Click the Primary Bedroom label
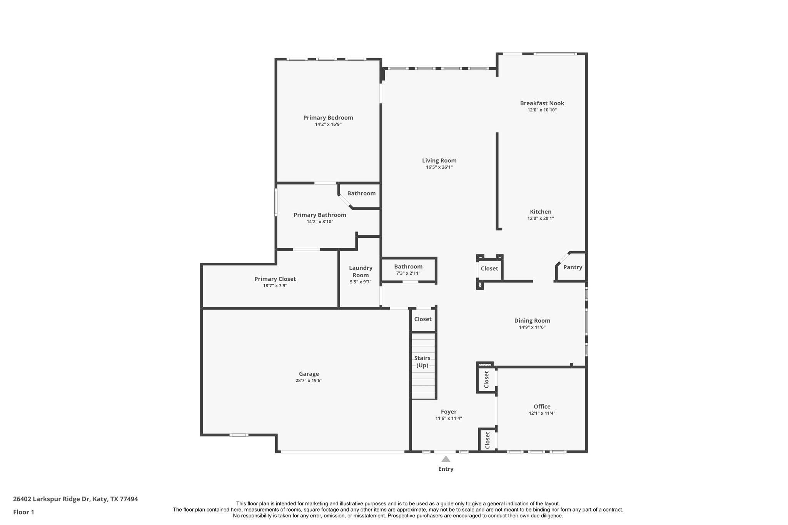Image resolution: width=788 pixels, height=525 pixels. tap(328, 118)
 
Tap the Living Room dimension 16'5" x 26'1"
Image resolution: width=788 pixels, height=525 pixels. tap(439, 167)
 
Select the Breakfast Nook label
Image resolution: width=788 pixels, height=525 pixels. tap(542, 103)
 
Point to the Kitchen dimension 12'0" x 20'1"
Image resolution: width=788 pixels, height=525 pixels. tap(541, 218)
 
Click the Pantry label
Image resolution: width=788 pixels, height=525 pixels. tap(573, 267)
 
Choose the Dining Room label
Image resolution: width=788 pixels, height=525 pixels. tap(532, 321)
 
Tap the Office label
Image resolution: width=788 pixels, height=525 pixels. tap(542, 407)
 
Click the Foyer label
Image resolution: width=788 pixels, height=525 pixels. tap(449, 412)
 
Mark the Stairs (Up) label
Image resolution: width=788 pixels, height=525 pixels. tap(422, 362)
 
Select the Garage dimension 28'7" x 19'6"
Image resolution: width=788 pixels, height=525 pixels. tap(309, 380)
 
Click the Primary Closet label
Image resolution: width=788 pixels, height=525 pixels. tap(275, 279)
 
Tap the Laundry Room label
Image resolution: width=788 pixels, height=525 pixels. tap(361, 271)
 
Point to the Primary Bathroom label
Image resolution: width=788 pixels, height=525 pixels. tap(320, 215)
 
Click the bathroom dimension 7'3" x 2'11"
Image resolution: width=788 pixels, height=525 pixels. tap(408, 273)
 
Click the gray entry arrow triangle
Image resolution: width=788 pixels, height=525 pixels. tap(446, 459)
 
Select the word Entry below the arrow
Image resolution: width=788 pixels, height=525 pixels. tap(446, 469)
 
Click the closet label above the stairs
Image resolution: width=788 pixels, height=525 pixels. tap(422, 319)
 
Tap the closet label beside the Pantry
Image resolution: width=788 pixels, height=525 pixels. tap(489, 268)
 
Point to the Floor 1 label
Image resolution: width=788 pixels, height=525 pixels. tap(23, 512)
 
